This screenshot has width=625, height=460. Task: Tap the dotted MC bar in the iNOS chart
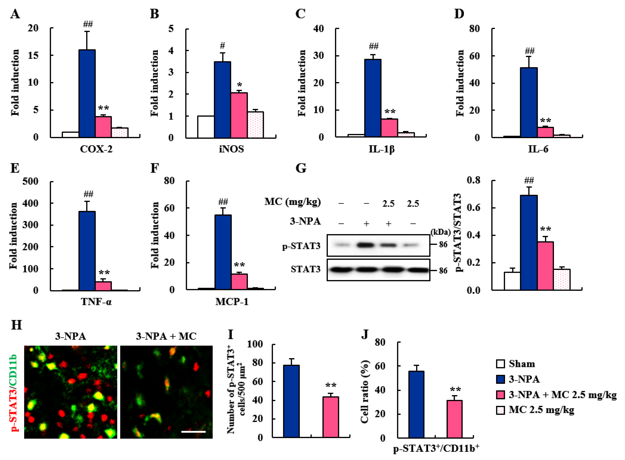(255, 125)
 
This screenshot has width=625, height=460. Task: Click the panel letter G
(301, 168)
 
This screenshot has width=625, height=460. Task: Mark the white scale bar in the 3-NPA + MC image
(193, 432)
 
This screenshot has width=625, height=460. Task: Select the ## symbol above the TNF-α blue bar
(88, 194)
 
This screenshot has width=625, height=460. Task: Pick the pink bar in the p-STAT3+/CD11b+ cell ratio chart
(455, 419)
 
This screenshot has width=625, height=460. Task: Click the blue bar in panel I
(291, 401)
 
